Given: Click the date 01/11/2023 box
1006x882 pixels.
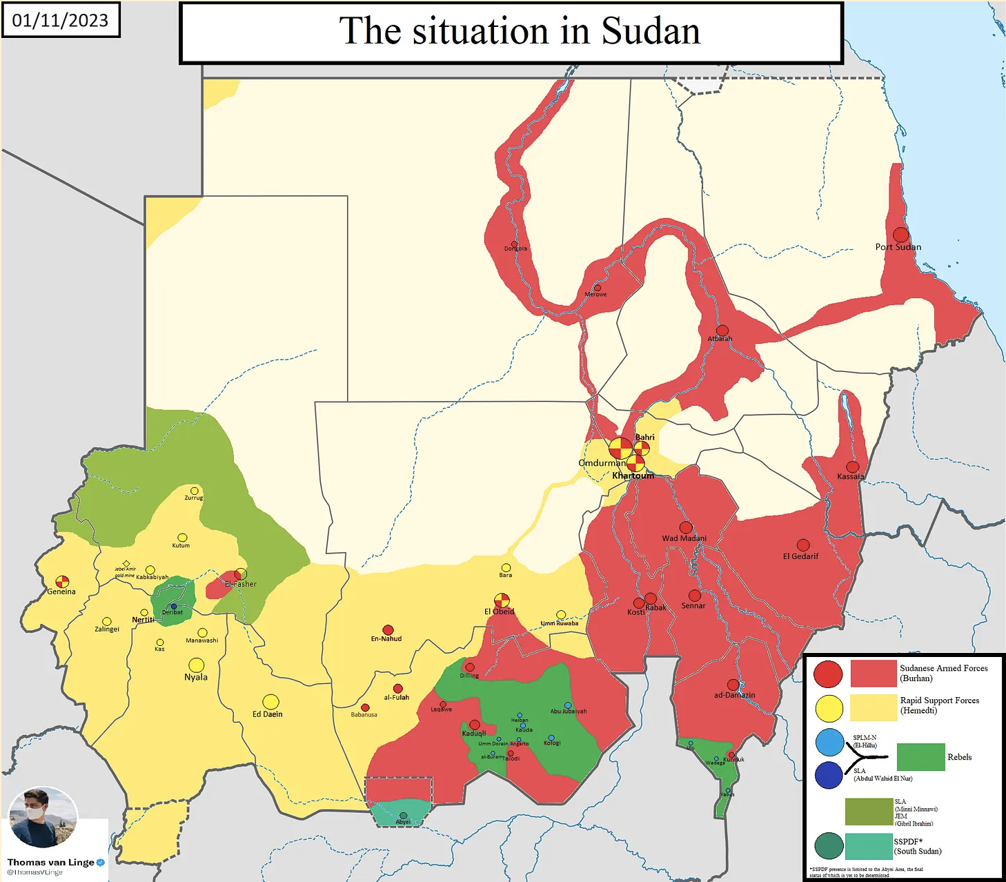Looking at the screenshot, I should tap(60, 20).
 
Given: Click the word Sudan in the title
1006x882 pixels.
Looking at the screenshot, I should tap(650, 31).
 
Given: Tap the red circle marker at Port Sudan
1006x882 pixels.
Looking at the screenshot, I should tap(900, 235).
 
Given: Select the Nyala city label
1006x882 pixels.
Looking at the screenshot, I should tap(196, 677).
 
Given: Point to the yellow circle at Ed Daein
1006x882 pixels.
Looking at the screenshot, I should tap(270, 702).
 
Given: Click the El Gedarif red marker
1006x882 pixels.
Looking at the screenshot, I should tap(803, 545).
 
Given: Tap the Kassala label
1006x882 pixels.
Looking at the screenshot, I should tap(850, 477).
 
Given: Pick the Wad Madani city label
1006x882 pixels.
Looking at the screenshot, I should tap(684, 538).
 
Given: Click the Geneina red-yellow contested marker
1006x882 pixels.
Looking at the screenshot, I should tap(62, 581).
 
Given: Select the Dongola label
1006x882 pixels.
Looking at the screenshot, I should tap(515, 248).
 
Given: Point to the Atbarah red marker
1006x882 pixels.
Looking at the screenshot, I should tap(722, 330).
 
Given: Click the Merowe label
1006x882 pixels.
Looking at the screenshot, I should tap(595, 295).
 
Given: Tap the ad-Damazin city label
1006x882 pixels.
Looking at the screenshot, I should tap(734, 695).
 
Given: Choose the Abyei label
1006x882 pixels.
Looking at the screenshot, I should tap(403, 822).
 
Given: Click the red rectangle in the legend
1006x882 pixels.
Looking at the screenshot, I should tap(873, 674).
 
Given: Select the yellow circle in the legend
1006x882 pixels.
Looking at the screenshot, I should tap(829, 708).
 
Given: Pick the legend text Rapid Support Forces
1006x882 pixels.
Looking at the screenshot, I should tap(939, 700).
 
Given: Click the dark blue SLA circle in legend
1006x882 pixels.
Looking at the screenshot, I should tap(828, 775).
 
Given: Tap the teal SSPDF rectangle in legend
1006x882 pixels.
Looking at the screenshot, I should tap(868, 846).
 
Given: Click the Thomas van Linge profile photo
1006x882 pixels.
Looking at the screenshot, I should tap(43, 819).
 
